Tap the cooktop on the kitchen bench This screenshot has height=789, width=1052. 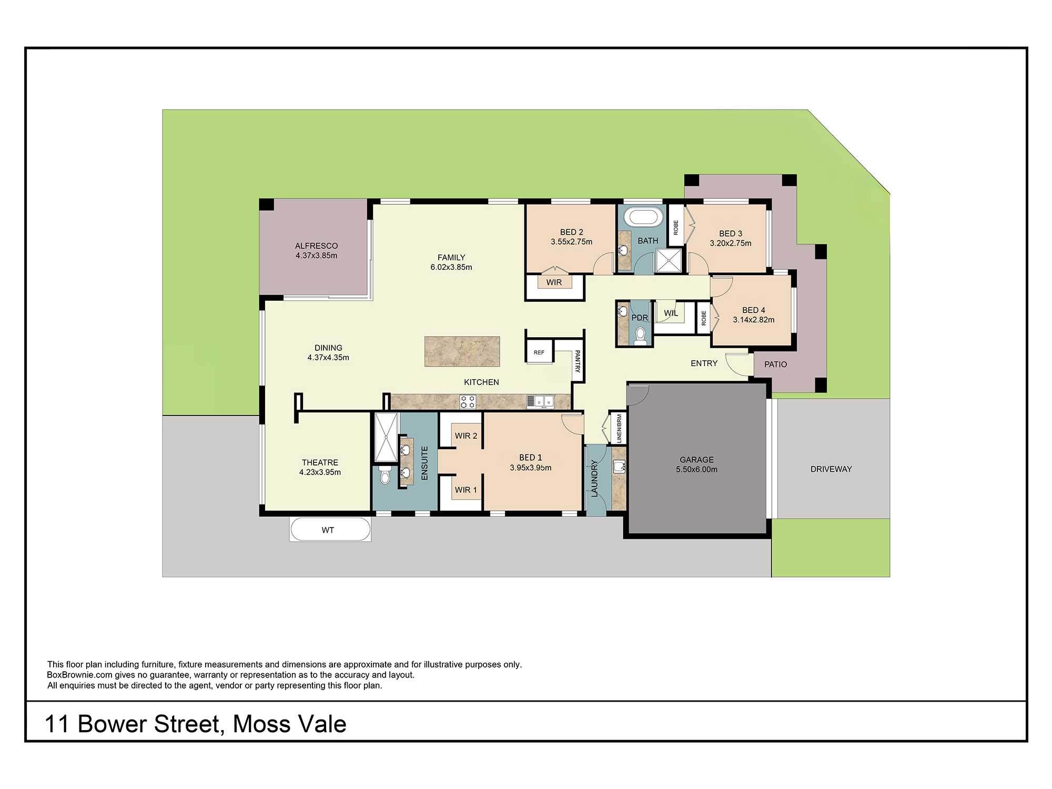point(468,402)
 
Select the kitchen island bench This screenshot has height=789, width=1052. point(462,351)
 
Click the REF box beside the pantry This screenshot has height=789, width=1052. point(539,352)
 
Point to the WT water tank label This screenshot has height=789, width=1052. point(328,530)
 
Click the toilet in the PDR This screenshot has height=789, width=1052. point(640,335)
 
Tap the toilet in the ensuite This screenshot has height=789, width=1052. point(385,476)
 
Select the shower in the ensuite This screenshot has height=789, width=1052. point(386,437)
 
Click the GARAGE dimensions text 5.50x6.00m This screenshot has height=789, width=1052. point(696,469)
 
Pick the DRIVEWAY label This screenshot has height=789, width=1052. point(831,469)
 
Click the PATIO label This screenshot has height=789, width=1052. point(775,364)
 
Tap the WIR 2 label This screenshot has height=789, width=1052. point(466,436)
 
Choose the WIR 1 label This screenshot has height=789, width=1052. point(466,490)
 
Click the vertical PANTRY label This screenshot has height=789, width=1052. point(578,361)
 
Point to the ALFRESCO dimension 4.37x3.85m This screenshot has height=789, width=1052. point(316,256)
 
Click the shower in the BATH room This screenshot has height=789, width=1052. point(669,260)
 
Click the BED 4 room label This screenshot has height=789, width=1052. point(753,310)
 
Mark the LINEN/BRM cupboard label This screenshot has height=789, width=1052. point(619,428)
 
